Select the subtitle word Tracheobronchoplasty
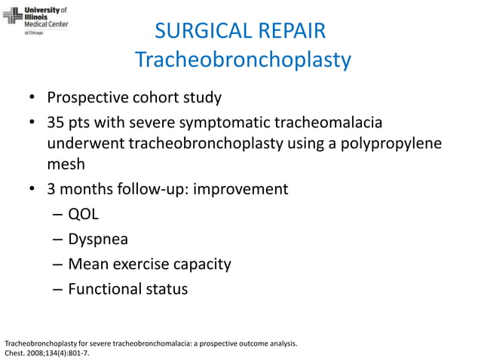(x=242, y=59)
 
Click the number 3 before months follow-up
(x=52, y=188)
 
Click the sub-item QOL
(x=84, y=214)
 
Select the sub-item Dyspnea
(x=97, y=239)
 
